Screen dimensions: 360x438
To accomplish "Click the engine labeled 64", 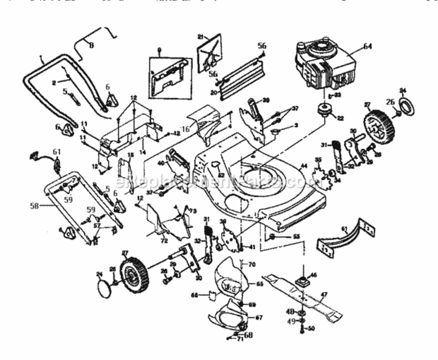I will [324, 67].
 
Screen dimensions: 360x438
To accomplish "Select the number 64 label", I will [367, 46].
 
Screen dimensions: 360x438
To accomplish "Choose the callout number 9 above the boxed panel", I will [158, 48].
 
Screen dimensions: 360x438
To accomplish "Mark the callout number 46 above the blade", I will [313, 276].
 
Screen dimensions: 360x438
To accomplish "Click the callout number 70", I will [253, 264].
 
